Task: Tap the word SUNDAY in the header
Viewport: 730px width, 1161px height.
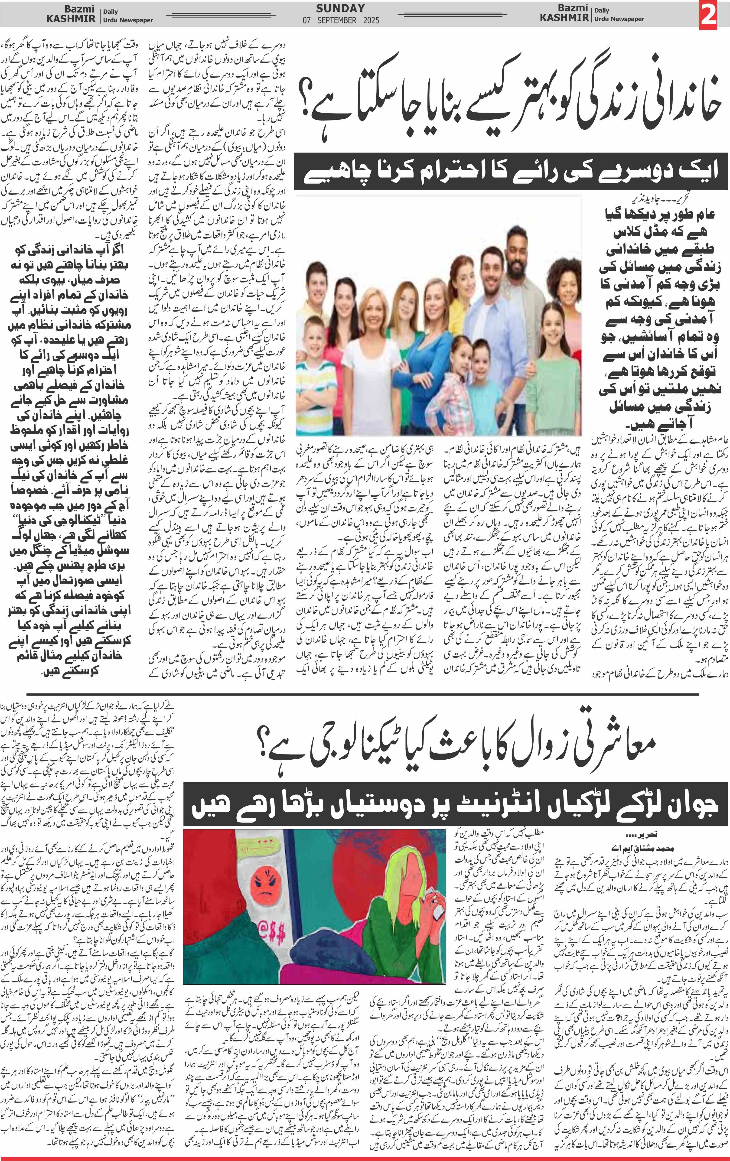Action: [340, 8]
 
